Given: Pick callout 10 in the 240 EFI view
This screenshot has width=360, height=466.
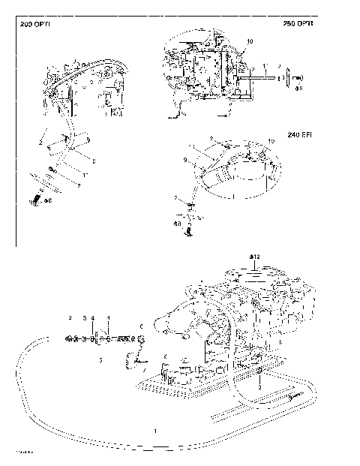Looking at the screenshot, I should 271,142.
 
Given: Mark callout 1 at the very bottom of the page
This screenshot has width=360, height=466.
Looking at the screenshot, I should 154,431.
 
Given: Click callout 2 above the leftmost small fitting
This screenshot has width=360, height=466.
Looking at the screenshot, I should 69,319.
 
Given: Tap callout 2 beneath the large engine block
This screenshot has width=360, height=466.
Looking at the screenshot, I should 259,389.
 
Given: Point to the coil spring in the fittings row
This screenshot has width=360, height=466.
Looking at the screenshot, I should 120,338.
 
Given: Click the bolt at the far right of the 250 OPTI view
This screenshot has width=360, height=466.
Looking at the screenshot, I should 297,77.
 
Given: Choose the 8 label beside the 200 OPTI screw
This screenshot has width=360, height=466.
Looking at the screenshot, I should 48,200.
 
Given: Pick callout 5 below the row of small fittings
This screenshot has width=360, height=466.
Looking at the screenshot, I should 101,360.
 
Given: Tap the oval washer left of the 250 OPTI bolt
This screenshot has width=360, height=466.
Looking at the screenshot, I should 280,77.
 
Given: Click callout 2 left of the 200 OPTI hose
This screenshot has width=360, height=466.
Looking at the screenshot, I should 40,140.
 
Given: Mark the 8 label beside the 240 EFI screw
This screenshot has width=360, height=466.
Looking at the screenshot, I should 177,223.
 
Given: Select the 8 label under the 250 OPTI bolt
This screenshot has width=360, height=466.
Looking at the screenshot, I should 298,88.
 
